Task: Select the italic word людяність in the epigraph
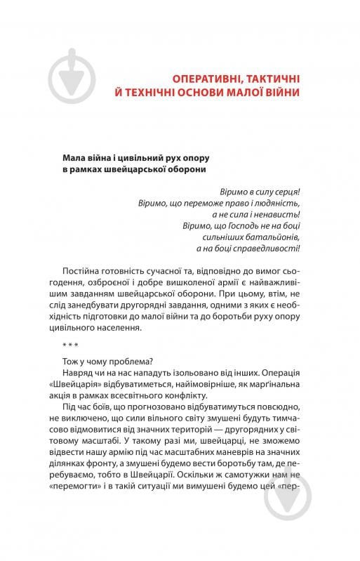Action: tap(279, 202)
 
